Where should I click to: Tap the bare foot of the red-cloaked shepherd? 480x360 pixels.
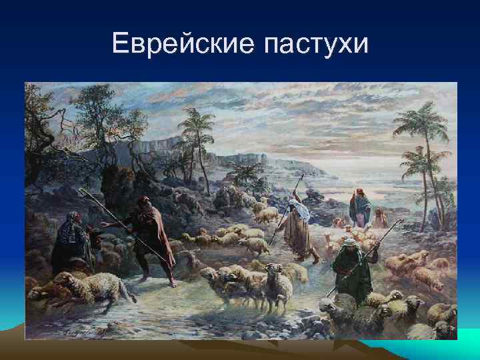point(173,283)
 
